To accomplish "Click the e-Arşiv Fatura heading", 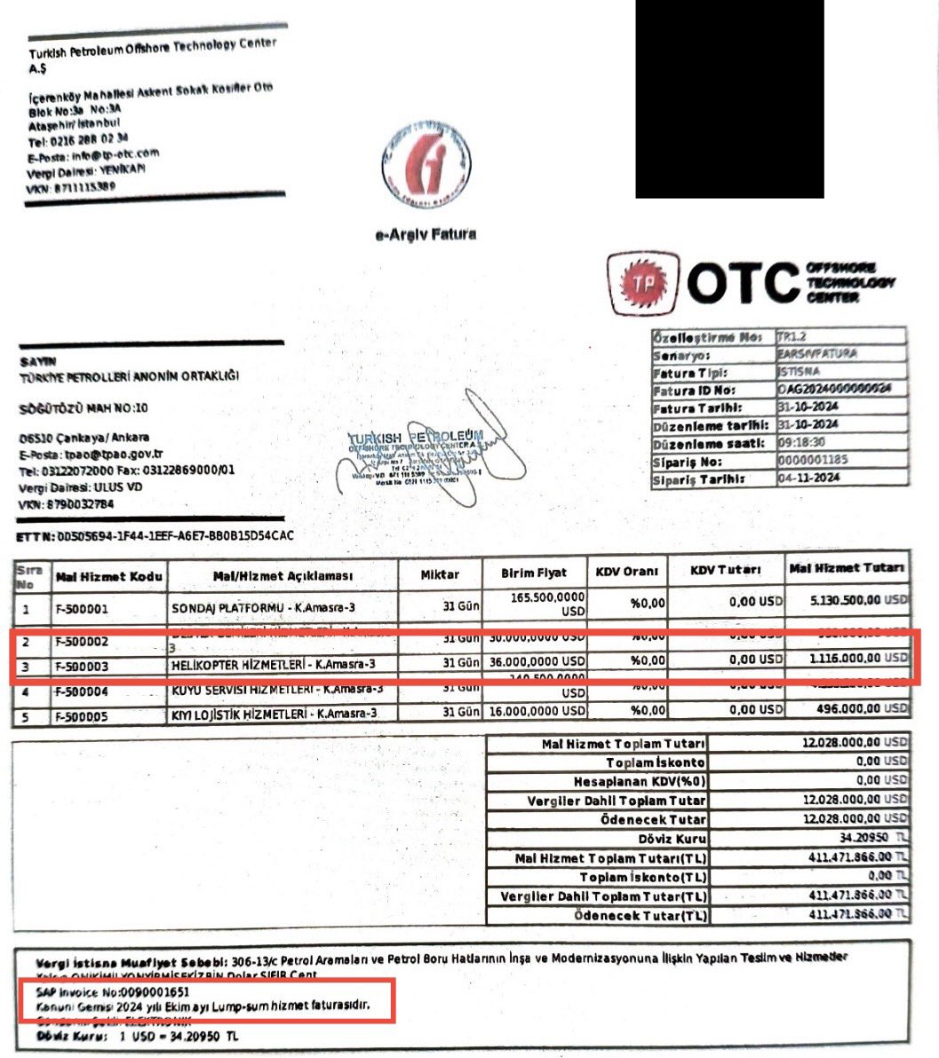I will pyautogui.click(x=426, y=234).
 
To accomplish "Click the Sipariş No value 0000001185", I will pyautogui.click(x=813, y=462).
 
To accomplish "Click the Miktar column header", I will pyautogui.click(x=440, y=575).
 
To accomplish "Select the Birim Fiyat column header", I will pyautogui.click(x=533, y=573).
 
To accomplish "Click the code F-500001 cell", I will pyautogui.click(x=82, y=610).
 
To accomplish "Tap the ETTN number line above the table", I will pyautogui.click(x=155, y=537).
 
